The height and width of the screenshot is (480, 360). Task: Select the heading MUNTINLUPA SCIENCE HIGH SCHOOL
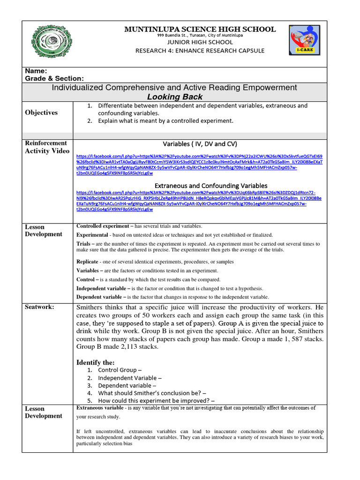200,30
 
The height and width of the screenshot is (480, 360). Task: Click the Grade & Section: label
54,79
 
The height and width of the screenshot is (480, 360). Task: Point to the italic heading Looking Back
175,97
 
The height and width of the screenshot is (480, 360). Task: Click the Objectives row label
41,112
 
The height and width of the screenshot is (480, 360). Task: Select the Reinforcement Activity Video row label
46,147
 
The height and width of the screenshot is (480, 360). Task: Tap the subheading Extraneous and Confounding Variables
204,186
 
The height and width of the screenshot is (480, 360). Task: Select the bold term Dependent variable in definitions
100,297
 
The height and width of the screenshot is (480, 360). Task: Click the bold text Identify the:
95,362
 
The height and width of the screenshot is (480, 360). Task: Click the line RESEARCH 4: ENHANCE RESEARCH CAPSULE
200,51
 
